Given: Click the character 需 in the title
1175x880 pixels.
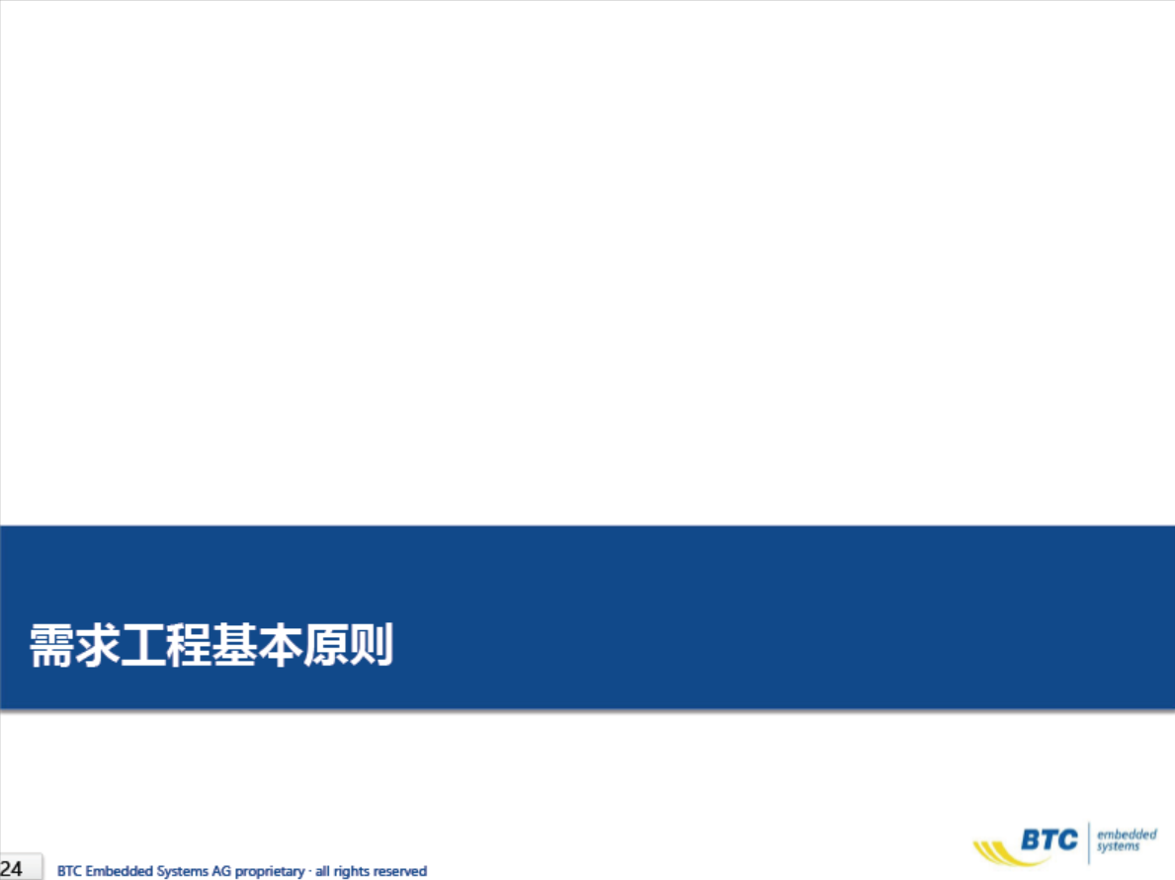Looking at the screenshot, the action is pyautogui.click(x=51, y=646).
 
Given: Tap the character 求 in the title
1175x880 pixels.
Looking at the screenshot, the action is pyautogui.click(x=98, y=646).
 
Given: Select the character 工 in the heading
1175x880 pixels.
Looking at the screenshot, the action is pyautogui.click(x=143, y=646).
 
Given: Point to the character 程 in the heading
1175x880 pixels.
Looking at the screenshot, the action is pyautogui.click(x=189, y=646).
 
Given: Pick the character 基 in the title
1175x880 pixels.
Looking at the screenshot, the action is pyautogui.click(x=234, y=646).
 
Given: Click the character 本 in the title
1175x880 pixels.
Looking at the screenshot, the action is pyautogui.click(x=281, y=646).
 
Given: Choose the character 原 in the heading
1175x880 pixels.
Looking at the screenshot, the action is pyautogui.click(x=326, y=646).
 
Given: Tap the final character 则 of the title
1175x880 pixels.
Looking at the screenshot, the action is pyautogui.click(x=372, y=646).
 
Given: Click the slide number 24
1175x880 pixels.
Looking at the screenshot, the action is pyautogui.click(x=11, y=869).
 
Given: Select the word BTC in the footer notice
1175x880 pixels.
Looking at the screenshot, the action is pyautogui.click(x=69, y=871).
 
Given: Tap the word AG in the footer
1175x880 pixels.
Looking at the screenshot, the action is pyautogui.click(x=221, y=871).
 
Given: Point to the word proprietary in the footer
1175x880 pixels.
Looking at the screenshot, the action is pyautogui.click(x=270, y=872).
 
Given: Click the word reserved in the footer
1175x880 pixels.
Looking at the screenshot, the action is pyautogui.click(x=400, y=871).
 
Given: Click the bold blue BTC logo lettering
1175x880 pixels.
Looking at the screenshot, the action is pyautogui.click(x=1049, y=840).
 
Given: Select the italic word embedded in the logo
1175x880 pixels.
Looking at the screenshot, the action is pyautogui.click(x=1127, y=834).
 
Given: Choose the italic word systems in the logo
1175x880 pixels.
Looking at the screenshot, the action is pyautogui.click(x=1118, y=846).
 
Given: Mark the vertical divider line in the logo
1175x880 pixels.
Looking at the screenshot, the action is pyautogui.click(x=1088, y=842).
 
